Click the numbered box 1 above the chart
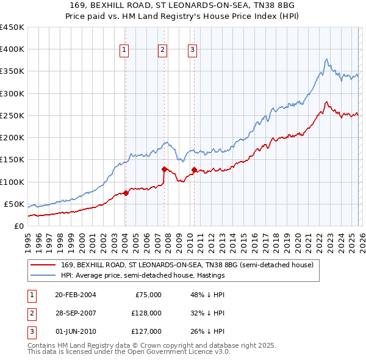coord(124,50)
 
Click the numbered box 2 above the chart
coord(163,50)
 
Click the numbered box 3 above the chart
coord(192,50)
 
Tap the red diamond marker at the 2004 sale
coord(126,193)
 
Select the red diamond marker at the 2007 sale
coord(164,169)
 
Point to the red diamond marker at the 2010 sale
coord(194,170)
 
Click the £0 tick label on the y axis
coord(18,226)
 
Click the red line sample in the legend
coord(43,265)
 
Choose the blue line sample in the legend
coord(43,276)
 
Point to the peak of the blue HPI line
coord(327,59)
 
